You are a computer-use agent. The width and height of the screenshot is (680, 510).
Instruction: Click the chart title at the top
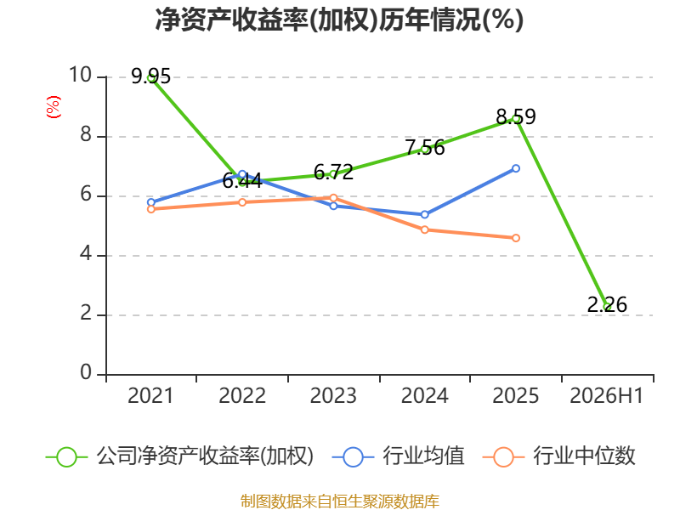pyautogui.click(x=339, y=20)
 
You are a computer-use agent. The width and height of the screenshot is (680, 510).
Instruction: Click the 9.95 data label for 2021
pyautogui.click(x=151, y=76)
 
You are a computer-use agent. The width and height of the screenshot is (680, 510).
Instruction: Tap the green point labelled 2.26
pyautogui.click(x=608, y=307)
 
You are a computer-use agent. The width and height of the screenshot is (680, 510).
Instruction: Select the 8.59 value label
pyautogui.click(x=516, y=116)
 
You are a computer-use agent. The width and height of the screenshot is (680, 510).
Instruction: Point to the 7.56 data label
pyautogui.click(x=425, y=147)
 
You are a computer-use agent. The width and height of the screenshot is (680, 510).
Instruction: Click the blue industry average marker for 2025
pyautogui.click(x=516, y=168)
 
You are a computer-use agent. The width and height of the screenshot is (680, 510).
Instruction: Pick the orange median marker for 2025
pyautogui.click(x=516, y=238)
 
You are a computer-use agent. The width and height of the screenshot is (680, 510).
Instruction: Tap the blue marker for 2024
pyautogui.click(x=425, y=215)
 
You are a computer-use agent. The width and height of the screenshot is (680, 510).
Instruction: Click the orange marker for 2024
pyautogui.click(x=425, y=229)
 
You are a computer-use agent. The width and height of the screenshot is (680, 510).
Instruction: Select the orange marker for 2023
pyautogui.click(x=333, y=198)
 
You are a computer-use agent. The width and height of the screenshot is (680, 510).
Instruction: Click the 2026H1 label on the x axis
pyautogui.click(x=607, y=396)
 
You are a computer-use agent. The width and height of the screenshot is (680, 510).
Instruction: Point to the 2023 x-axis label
pyautogui.click(x=333, y=396)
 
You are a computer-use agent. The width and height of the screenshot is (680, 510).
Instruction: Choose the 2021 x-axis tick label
pyautogui.click(x=150, y=396)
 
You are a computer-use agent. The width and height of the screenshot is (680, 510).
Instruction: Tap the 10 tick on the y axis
pyautogui.click(x=81, y=75)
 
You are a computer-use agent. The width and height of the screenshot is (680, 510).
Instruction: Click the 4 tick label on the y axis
pyautogui.click(x=86, y=253)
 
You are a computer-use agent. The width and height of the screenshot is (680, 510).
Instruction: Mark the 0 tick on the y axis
pyautogui.click(x=86, y=372)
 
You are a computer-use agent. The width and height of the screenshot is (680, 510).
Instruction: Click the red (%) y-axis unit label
pyautogui.click(x=54, y=107)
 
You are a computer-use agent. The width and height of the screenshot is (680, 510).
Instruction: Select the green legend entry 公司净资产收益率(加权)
pyautogui.click(x=179, y=456)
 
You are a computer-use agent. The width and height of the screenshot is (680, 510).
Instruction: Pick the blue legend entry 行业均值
pyautogui.click(x=398, y=456)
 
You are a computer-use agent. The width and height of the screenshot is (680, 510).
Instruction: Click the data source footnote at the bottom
pyautogui.click(x=340, y=501)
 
